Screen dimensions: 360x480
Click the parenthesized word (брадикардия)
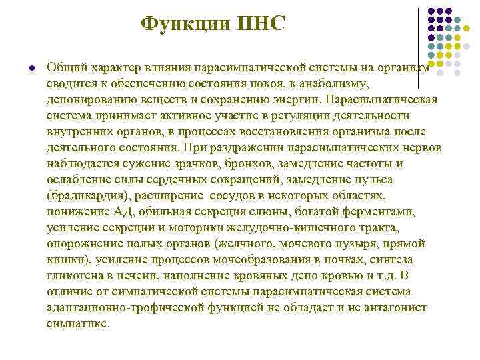(89, 195)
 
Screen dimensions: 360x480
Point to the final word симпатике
(77, 323)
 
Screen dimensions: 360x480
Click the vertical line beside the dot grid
(419, 47)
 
